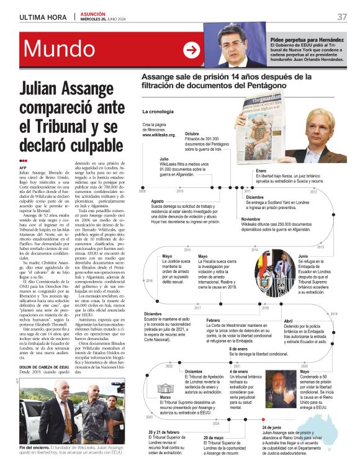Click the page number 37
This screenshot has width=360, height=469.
point(342,16)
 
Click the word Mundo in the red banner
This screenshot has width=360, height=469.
point(59,49)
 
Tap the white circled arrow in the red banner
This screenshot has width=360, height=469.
point(192,50)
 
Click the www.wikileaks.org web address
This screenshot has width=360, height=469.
point(159,135)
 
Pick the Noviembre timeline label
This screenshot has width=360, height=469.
point(251,219)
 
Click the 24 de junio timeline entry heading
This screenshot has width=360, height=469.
point(272,428)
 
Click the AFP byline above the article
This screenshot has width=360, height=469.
point(24,168)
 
